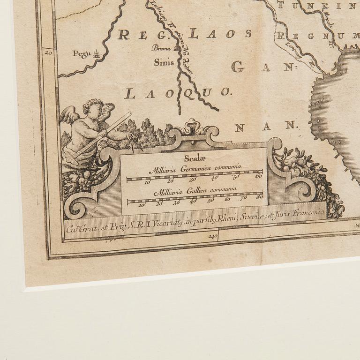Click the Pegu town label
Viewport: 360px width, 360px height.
81,53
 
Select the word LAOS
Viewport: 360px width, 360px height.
220,34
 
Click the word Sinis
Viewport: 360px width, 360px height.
164,62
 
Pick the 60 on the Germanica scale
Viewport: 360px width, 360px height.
258,177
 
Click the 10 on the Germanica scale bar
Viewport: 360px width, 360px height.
147,182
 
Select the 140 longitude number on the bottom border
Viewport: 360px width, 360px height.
213,237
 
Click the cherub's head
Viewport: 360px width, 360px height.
93,110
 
